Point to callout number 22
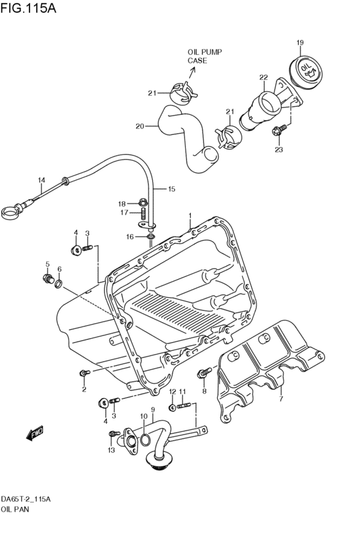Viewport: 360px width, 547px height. coord(263,77)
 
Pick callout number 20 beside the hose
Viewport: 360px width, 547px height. coord(139,126)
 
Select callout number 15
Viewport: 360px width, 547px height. coord(172,189)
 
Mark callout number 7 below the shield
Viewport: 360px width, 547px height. coord(280,399)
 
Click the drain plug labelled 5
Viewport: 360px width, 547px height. coord(47,278)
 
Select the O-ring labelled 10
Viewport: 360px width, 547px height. coord(146,440)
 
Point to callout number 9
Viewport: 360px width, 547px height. coord(152,409)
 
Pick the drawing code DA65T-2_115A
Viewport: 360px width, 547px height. coord(26,499)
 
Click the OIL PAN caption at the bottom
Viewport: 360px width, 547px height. coord(15,509)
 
